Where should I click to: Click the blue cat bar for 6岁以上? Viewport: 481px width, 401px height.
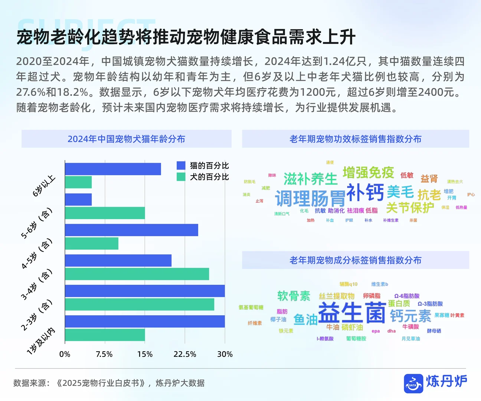pyautogui.click(x=113, y=169)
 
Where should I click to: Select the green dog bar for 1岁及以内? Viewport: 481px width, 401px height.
pyautogui.click(x=105, y=335)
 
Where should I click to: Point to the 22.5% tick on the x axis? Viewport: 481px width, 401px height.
pyautogui.click(x=185, y=354)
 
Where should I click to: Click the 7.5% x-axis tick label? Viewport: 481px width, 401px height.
pyautogui.click(x=104, y=354)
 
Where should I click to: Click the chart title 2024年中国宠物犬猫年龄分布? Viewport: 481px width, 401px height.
pyautogui.click(x=126, y=139)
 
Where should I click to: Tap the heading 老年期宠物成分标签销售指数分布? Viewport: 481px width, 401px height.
pyautogui.click(x=355, y=260)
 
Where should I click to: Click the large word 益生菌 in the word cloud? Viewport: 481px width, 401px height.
pyautogui.click(x=351, y=313)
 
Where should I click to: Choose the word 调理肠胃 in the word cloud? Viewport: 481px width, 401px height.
pyautogui.click(x=310, y=198)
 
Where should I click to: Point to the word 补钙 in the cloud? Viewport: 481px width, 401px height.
pyautogui.click(x=365, y=192)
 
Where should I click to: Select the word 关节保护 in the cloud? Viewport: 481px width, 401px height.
pyautogui.click(x=410, y=208)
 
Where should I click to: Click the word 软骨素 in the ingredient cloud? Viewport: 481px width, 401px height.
pyautogui.click(x=294, y=296)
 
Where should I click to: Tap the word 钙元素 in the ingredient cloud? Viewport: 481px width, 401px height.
pyautogui.click(x=410, y=316)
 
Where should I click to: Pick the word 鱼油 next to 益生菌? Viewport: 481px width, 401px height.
pyautogui.click(x=305, y=319)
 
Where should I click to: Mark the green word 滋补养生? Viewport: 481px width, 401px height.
pyautogui.click(x=310, y=179)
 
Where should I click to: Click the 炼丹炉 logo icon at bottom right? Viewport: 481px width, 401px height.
pyautogui.click(x=413, y=383)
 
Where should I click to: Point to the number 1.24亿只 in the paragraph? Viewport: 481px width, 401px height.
pyautogui.click(x=345, y=61)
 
